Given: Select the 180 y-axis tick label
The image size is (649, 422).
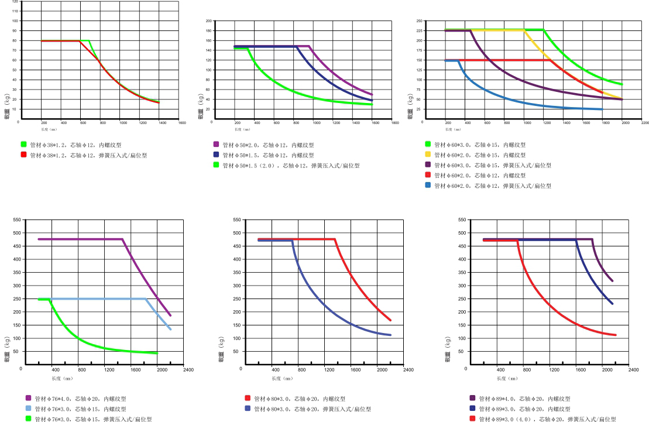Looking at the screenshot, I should click(x=208, y=30).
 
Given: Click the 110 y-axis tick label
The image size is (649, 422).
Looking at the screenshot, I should click(x=15, y=11).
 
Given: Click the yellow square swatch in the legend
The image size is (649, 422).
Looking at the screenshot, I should click(x=428, y=155).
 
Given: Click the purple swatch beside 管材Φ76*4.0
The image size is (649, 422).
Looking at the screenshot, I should click(x=28, y=398).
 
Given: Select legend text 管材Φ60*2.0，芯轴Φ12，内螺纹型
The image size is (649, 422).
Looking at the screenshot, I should click(x=479, y=175).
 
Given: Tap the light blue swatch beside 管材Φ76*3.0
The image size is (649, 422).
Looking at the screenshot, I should click(x=28, y=409).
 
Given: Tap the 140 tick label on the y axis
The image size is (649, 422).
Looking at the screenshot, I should click(x=208, y=50).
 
